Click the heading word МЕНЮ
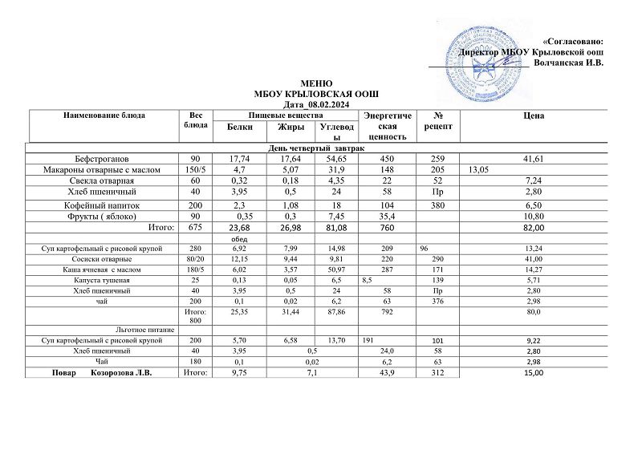(315, 83)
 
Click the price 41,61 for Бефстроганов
(533, 159)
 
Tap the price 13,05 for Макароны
(480, 170)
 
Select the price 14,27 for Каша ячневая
(533, 270)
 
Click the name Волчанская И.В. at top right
(568, 63)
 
